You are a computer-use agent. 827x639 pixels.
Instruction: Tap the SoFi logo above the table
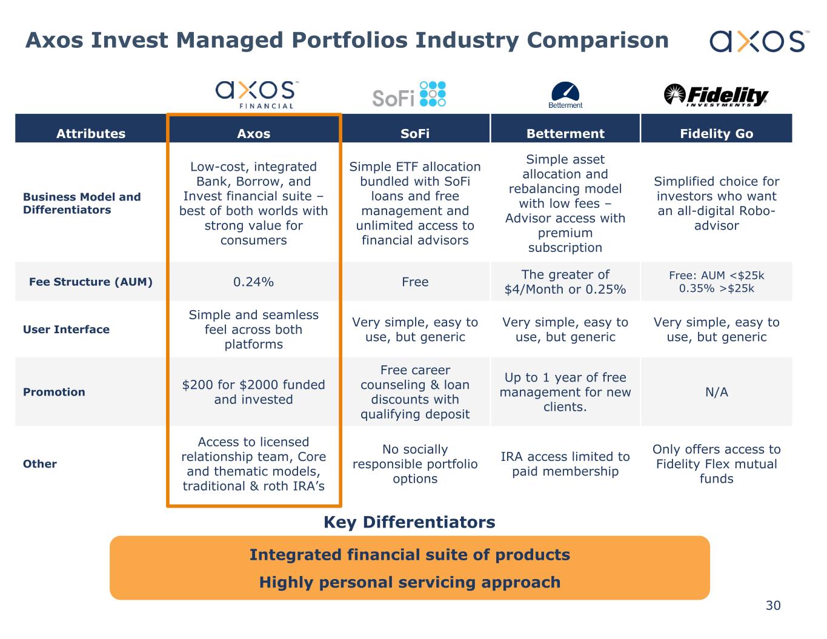[x=409, y=94]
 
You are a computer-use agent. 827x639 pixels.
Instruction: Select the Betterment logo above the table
[x=565, y=95]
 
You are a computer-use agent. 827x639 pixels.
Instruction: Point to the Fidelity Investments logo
[x=716, y=96]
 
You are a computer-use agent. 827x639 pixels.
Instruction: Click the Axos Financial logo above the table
[x=255, y=94]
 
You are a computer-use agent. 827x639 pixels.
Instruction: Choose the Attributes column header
[x=91, y=134]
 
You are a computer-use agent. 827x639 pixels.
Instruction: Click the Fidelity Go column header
[x=716, y=134]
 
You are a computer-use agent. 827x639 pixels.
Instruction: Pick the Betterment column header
[x=565, y=134]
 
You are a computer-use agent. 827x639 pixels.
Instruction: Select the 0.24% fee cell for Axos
[x=253, y=282]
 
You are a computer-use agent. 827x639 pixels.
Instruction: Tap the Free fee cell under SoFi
[x=415, y=282]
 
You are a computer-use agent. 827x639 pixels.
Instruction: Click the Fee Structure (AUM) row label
[x=91, y=282]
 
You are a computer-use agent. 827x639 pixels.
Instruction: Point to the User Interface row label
[x=66, y=329]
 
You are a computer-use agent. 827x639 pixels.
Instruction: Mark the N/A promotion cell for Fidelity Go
[x=716, y=392]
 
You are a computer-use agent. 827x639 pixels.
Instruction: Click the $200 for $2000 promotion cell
[x=253, y=392]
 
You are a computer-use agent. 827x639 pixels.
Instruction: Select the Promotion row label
[x=54, y=392]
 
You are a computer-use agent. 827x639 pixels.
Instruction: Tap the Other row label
[x=40, y=464]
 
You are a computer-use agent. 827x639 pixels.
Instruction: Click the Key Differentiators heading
[x=410, y=522]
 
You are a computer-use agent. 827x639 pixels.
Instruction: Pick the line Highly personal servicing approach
[x=410, y=582]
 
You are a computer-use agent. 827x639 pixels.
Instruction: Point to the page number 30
[x=773, y=605]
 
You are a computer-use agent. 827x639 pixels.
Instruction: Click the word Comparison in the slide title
[x=597, y=40]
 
